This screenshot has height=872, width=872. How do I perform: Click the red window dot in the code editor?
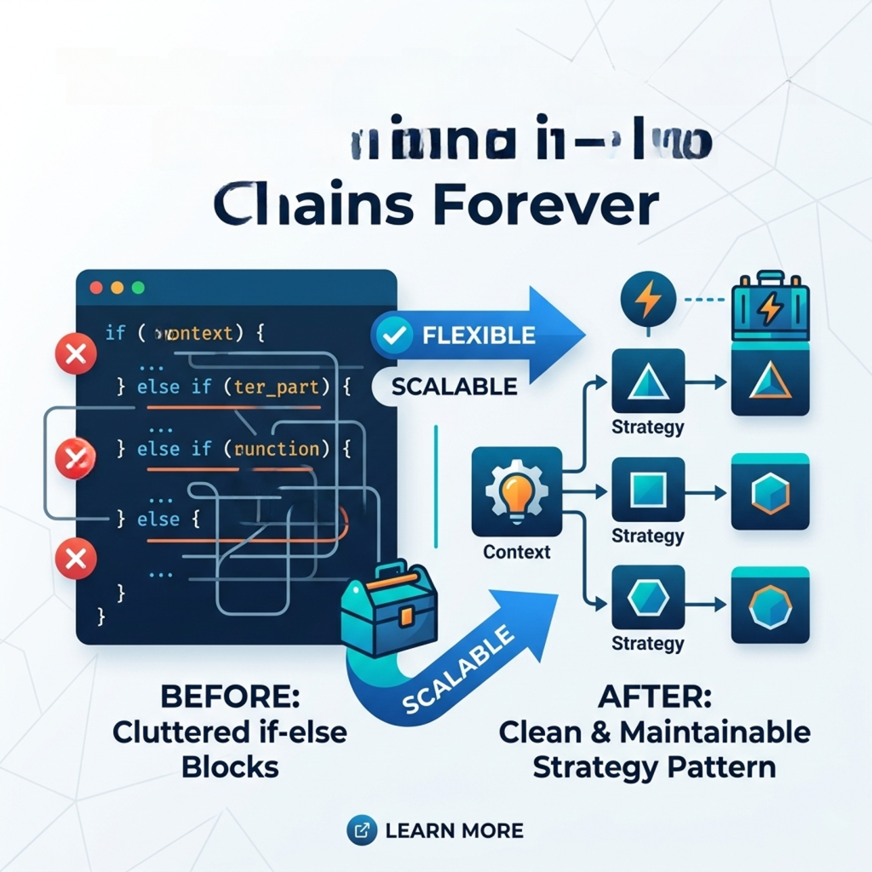click(95, 288)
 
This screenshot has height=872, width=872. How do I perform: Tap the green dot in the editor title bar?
click(139, 288)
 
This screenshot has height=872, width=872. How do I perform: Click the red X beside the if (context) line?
click(76, 353)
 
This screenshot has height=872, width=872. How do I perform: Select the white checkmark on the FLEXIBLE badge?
click(393, 336)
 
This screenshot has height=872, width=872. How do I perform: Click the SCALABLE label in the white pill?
click(454, 387)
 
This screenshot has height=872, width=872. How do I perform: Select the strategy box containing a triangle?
click(647, 382)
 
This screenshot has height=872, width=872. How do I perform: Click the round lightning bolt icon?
click(648, 300)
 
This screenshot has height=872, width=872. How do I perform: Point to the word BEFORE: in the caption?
click(230, 697)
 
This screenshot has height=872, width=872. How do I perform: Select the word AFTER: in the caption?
click(654, 697)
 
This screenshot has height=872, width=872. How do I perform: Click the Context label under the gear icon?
click(516, 552)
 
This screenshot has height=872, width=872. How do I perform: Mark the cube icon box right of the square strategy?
click(770, 491)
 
